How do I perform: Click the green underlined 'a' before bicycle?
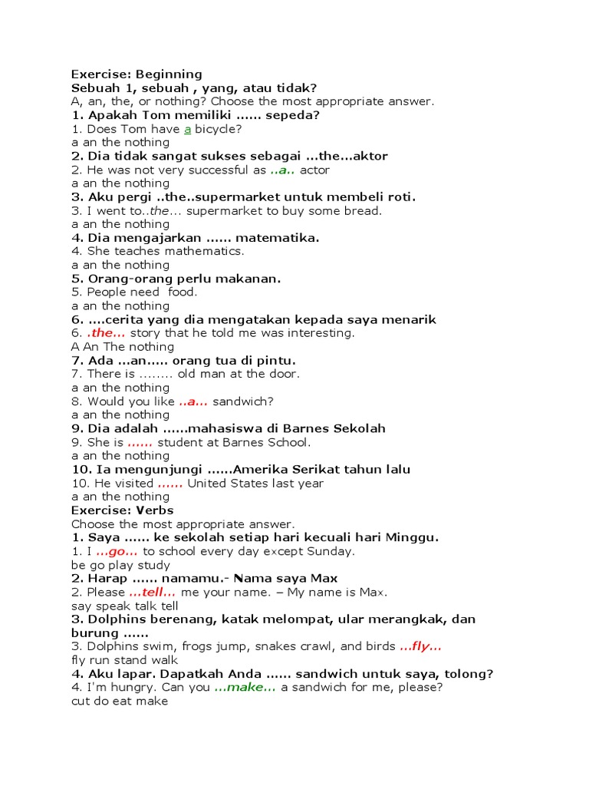pos(187,129)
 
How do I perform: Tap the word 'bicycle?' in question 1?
pos(219,129)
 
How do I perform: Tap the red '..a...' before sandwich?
pos(193,401)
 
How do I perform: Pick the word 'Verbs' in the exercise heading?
pos(156,510)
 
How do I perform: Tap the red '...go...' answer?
pos(117,551)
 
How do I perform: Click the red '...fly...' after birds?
pos(421,646)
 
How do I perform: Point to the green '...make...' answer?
pos(245,687)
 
